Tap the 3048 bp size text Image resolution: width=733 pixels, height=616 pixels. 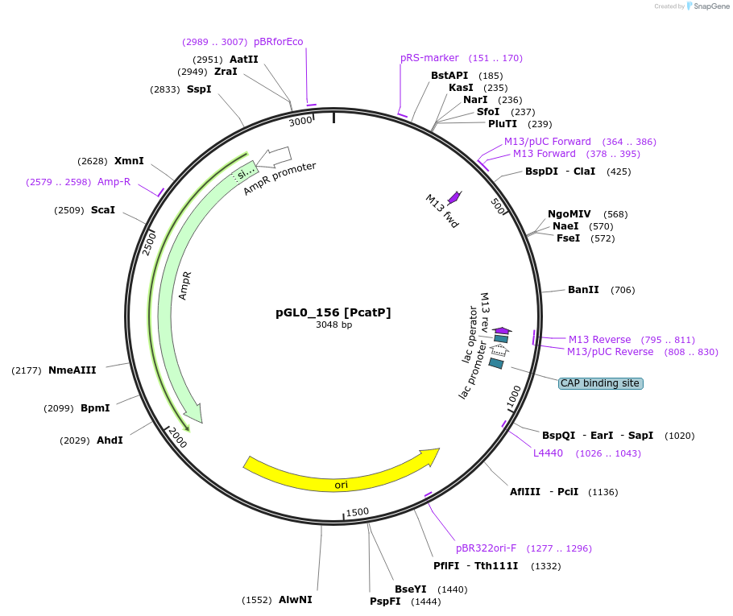click(x=333, y=325)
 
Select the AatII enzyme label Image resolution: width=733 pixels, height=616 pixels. click(x=243, y=60)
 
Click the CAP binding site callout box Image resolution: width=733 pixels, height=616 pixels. click(x=600, y=383)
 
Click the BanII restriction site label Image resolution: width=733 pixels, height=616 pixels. click(x=583, y=290)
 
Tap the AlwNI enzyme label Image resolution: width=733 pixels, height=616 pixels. click(x=295, y=600)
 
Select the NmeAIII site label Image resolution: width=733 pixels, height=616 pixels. click(x=72, y=370)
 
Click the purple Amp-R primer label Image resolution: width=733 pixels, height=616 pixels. click(x=114, y=182)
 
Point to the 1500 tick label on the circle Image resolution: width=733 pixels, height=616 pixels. click(x=357, y=511)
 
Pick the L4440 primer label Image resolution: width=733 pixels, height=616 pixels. click(x=548, y=453)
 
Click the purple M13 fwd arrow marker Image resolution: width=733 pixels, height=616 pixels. click(x=454, y=196)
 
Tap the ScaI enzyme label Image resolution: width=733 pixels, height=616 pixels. click(x=102, y=210)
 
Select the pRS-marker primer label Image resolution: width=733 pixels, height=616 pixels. click(x=429, y=58)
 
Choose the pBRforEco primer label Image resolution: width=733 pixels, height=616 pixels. click(x=278, y=42)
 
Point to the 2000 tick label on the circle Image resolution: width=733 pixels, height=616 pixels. click(x=177, y=439)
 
